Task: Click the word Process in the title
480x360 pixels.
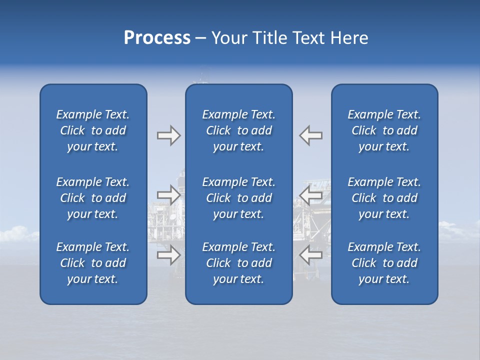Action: coord(157,38)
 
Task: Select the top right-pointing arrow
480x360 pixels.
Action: coord(168,135)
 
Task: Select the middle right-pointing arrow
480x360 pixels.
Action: coord(168,195)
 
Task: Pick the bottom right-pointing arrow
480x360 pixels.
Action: coord(168,255)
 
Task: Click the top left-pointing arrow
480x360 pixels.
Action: coord(311,135)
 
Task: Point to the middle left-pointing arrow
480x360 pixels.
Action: coord(311,195)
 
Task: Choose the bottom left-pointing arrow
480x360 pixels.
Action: coord(311,255)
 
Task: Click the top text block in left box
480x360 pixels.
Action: coord(93,130)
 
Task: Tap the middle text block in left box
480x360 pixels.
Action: coord(93,198)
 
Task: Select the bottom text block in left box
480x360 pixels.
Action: coord(93,263)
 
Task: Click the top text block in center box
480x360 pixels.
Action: coord(238,130)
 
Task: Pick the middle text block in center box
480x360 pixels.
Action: coord(238,198)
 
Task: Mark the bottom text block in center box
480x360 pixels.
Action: coord(238,263)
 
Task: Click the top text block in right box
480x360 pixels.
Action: coord(384,130)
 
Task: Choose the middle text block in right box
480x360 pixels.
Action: coord(384,198)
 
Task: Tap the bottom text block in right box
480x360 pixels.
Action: coord(384,263)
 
